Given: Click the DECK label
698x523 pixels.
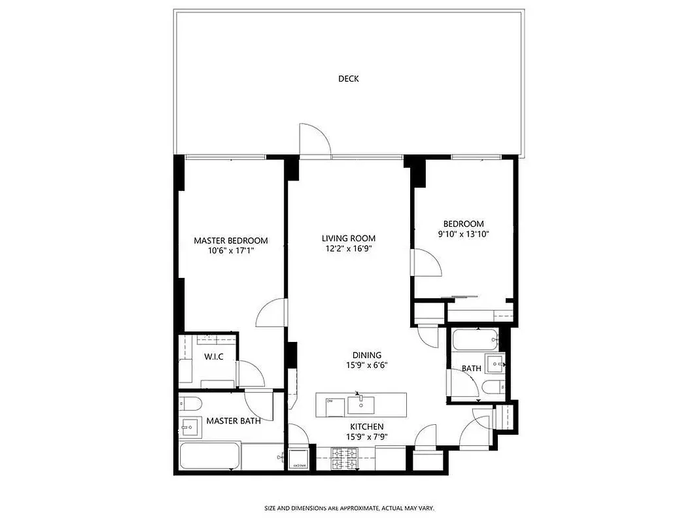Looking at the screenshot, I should coord(348,79).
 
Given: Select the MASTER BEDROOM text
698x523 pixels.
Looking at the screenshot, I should coord(230,241).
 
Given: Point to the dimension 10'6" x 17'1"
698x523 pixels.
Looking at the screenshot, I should coord(230,250).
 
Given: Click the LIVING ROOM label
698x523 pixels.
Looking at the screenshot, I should coord(348,239).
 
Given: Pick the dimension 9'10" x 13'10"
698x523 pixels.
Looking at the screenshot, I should coord(463,234).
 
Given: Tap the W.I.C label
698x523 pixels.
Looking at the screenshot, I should coord(214,357).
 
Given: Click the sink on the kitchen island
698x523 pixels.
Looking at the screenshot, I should coord(358,405).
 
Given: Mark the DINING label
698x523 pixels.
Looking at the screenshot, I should coord(366,356).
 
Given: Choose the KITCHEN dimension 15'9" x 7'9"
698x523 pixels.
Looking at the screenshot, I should coord(365,437).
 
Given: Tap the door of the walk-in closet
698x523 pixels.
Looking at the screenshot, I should coord(251,374).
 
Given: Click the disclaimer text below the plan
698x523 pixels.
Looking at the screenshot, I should coord(349,508).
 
